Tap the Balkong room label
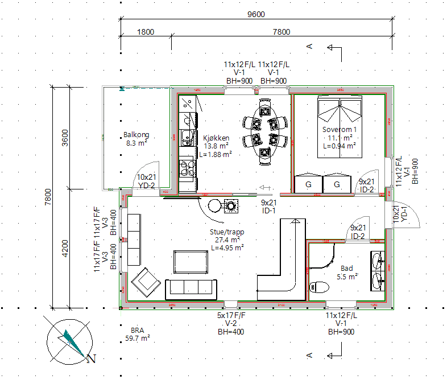(x=136, y=139)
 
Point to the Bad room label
(x=346, y=273)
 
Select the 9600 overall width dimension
(x=256, y=15)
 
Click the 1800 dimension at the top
(x=146, y=32)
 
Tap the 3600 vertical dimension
(x=65, y=138)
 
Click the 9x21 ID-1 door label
(x=269, y=207)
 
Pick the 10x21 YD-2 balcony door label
(x=146, y=181)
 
